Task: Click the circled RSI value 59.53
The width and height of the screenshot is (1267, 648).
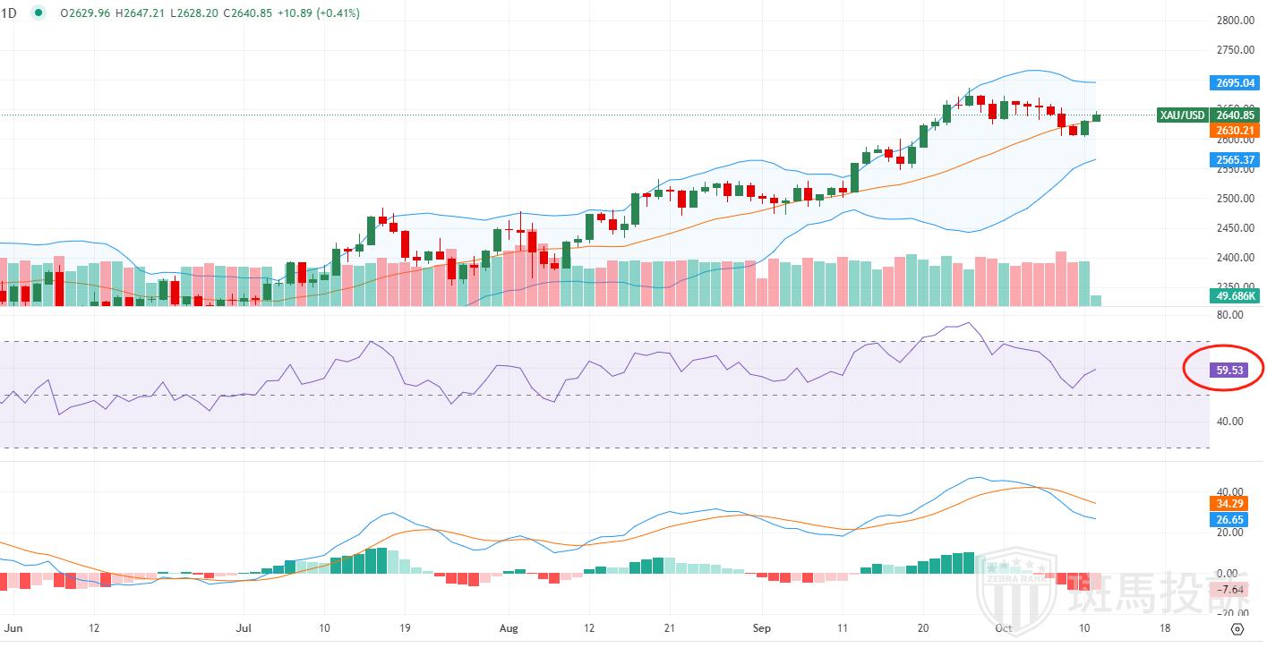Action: (1232, 368)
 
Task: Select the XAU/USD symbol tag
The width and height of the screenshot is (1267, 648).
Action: (1182, 115)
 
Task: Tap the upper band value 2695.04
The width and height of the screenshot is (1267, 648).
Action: (1235, 83)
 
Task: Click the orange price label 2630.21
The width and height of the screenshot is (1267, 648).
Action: (1235, 131)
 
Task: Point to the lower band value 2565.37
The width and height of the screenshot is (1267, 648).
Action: (1235, 160)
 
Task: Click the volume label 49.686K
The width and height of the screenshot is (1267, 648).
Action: (1235, 294)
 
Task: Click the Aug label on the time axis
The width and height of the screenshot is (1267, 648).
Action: (509, 628)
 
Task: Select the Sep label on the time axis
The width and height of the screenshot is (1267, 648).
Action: (762, 628)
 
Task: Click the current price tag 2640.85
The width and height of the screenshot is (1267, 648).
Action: (1235, 115)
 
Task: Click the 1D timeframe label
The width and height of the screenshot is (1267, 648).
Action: (9, 13)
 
